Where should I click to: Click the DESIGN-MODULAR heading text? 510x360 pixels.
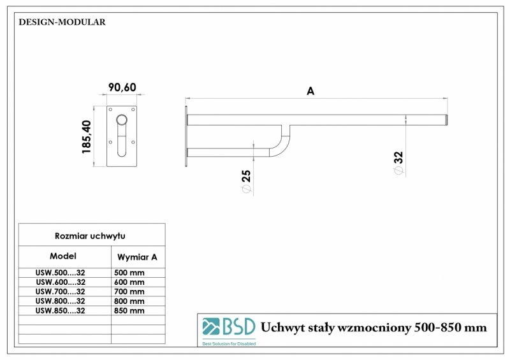[x=62, y=22]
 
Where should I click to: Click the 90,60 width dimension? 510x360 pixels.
[x=121, y=87]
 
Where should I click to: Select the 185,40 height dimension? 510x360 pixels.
[x=87, y=136]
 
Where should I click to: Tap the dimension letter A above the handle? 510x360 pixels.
[x=310, y=91]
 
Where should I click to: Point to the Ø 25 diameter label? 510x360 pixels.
[x=246, y=182]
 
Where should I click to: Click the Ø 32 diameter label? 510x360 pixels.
[x=399, y=164]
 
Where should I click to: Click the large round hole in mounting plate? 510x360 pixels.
[x=122, y=120]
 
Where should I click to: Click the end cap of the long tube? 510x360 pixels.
[x=446, y=120]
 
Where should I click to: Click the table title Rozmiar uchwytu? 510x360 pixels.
[x=91, y=236]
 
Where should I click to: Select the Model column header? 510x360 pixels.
[x=62, y=256]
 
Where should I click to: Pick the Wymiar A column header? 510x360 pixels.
[x=138, y=257]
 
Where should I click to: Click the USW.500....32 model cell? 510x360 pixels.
[x=61, y=272]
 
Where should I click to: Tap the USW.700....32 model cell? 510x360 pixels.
[x=61, y=291]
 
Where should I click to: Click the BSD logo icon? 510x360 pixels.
[x=210, y=327]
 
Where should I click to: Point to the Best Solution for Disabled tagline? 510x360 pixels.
[x=229, y=343]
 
